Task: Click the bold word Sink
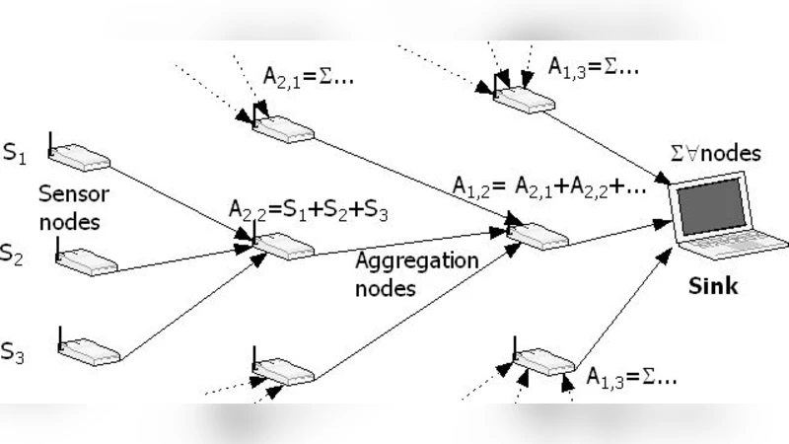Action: click(712, 286)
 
